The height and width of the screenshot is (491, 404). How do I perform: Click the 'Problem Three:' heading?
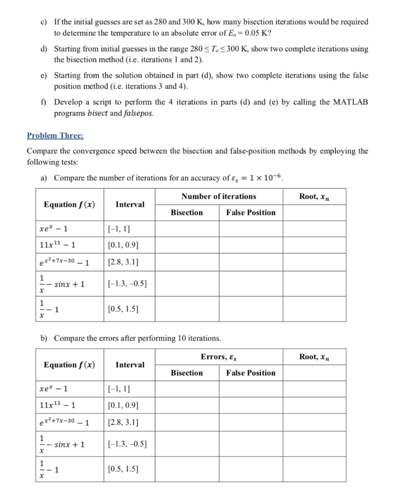click(55, 136)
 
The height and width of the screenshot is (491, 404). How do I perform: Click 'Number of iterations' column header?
click(218, 196)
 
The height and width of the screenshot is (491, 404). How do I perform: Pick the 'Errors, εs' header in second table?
click(218, 356)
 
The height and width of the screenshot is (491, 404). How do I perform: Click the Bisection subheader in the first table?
click(187, 212)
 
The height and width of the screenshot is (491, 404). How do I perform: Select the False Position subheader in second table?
click(251, 373)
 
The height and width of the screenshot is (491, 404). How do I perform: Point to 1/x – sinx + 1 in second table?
click(62, 444)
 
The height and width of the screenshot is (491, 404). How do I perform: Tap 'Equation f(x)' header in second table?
click(69, 364)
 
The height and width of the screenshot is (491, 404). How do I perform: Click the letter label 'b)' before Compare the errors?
click(44, 338)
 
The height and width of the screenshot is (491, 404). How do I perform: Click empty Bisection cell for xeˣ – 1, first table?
click(187, 229)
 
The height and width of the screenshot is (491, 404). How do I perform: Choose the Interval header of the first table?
click(130, 204)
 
